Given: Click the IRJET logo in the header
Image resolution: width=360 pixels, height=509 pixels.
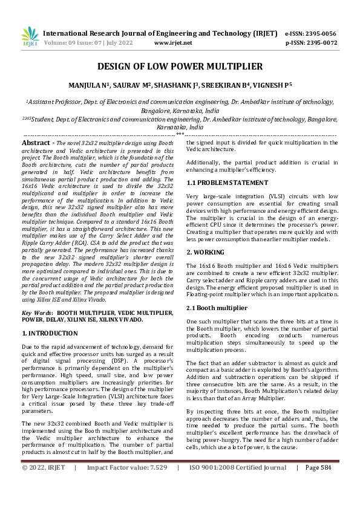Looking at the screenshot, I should pos(30,37).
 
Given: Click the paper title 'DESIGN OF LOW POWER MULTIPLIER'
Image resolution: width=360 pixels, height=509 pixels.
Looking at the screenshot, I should pos(180,66).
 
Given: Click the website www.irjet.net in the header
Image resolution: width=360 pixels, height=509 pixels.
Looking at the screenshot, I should pos(173,43).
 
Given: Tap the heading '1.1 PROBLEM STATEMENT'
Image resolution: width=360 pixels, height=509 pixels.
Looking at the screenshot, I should pos(227,183).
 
